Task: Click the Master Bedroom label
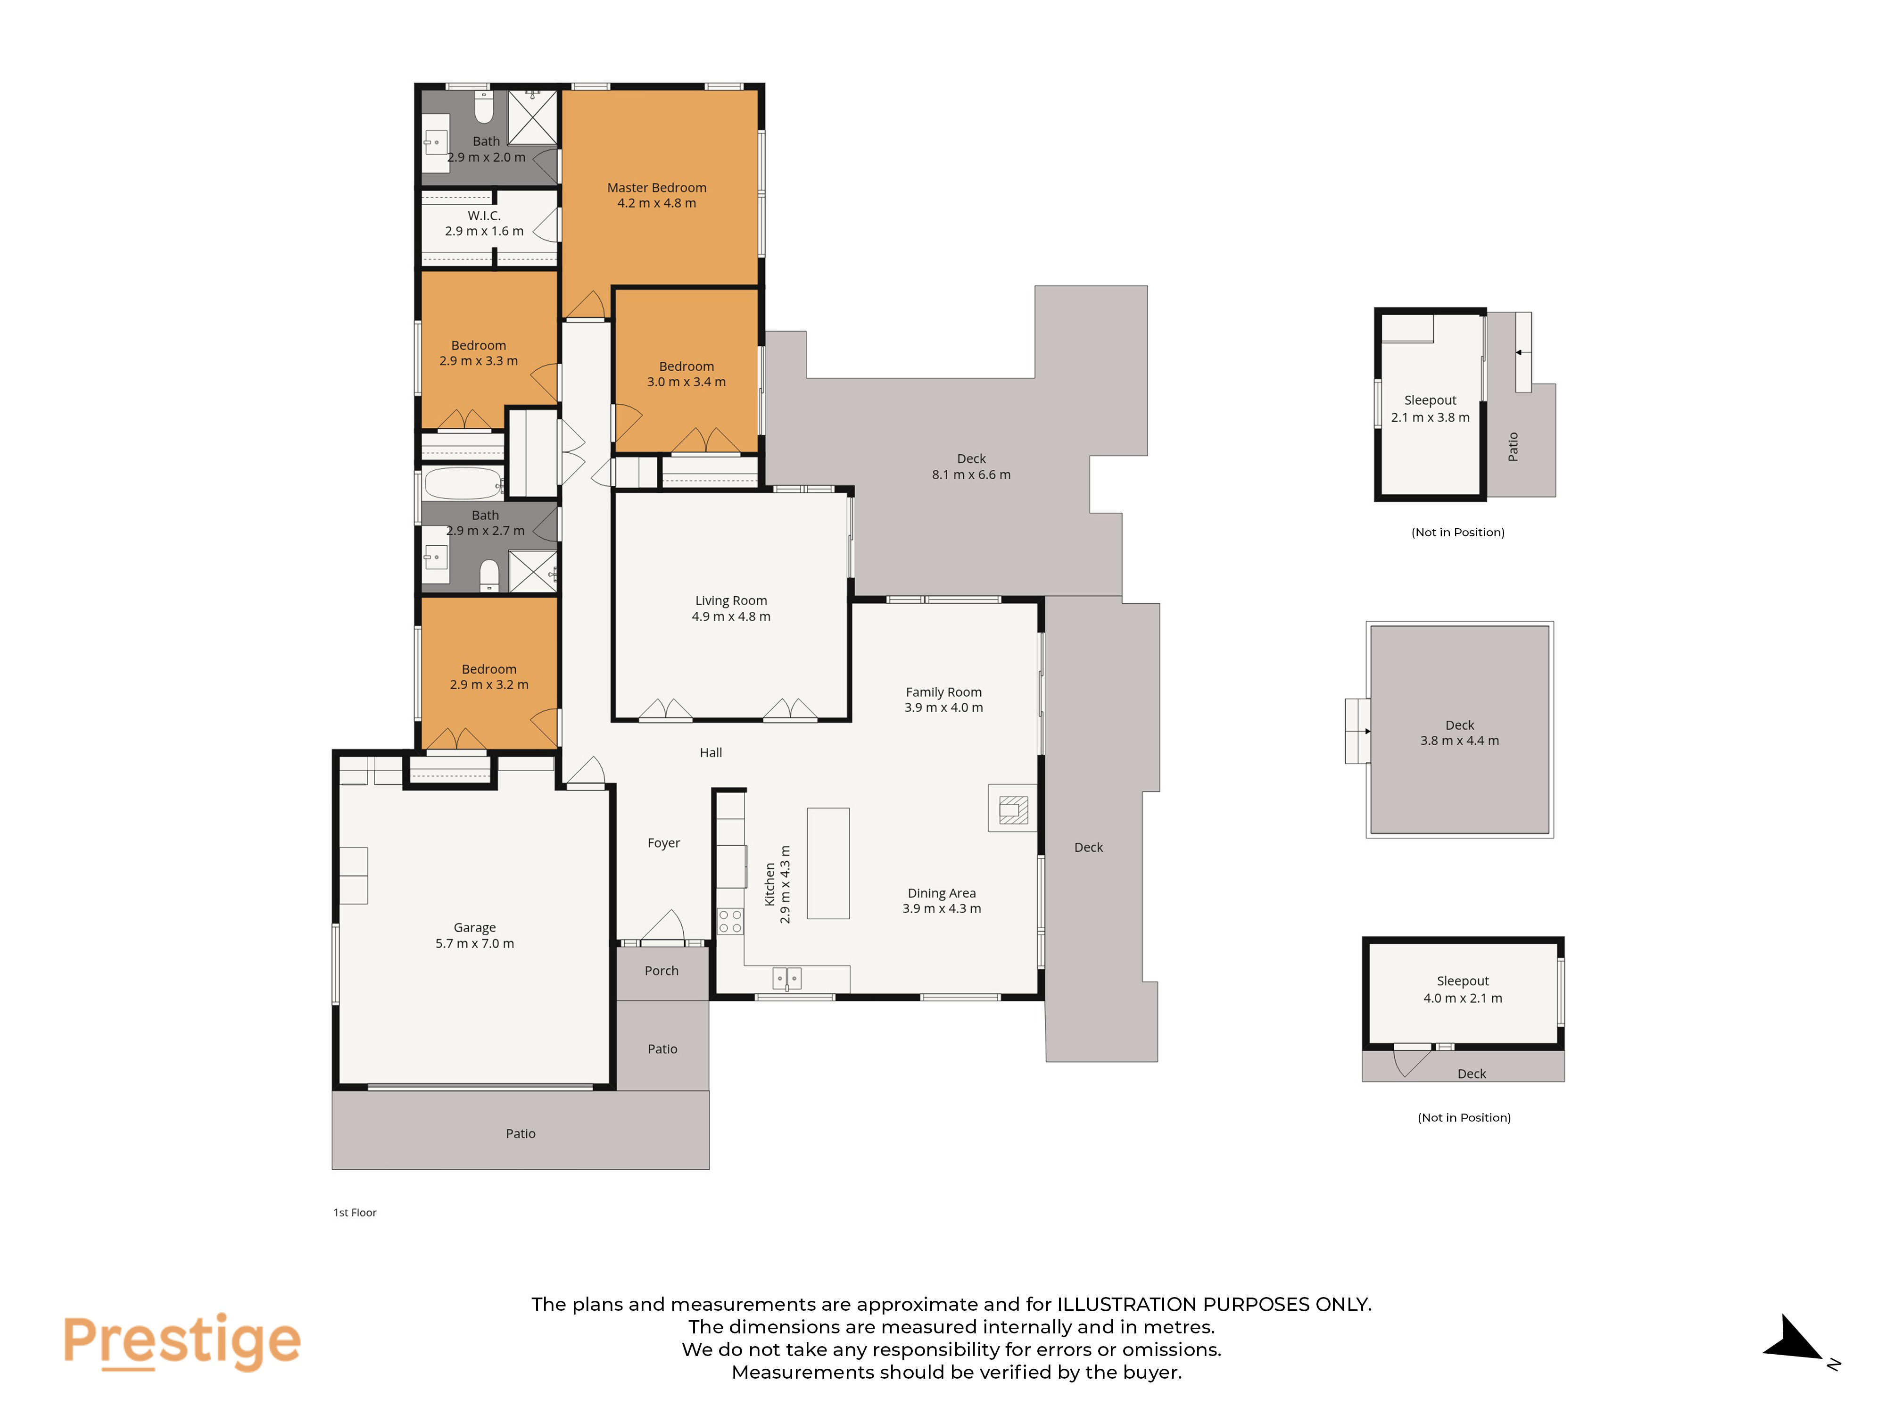[656, 188]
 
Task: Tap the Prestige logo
[182, 1341]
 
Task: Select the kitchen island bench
[828, 863]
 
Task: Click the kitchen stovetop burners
[730, 921]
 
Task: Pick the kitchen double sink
[786, 978]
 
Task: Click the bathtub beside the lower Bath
[463, 483]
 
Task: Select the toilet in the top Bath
[483, 108]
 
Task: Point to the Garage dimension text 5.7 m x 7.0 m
[475, 943]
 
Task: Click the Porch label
[662, 971]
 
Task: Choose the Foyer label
[663, 843]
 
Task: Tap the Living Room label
[731, 600]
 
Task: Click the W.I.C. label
[484, 216]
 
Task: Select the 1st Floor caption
[355, 1212]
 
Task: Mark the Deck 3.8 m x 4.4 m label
[1460, 732]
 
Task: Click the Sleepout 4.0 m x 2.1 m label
[1463, 990]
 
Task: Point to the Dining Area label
[941, 893]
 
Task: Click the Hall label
[711, 752]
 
